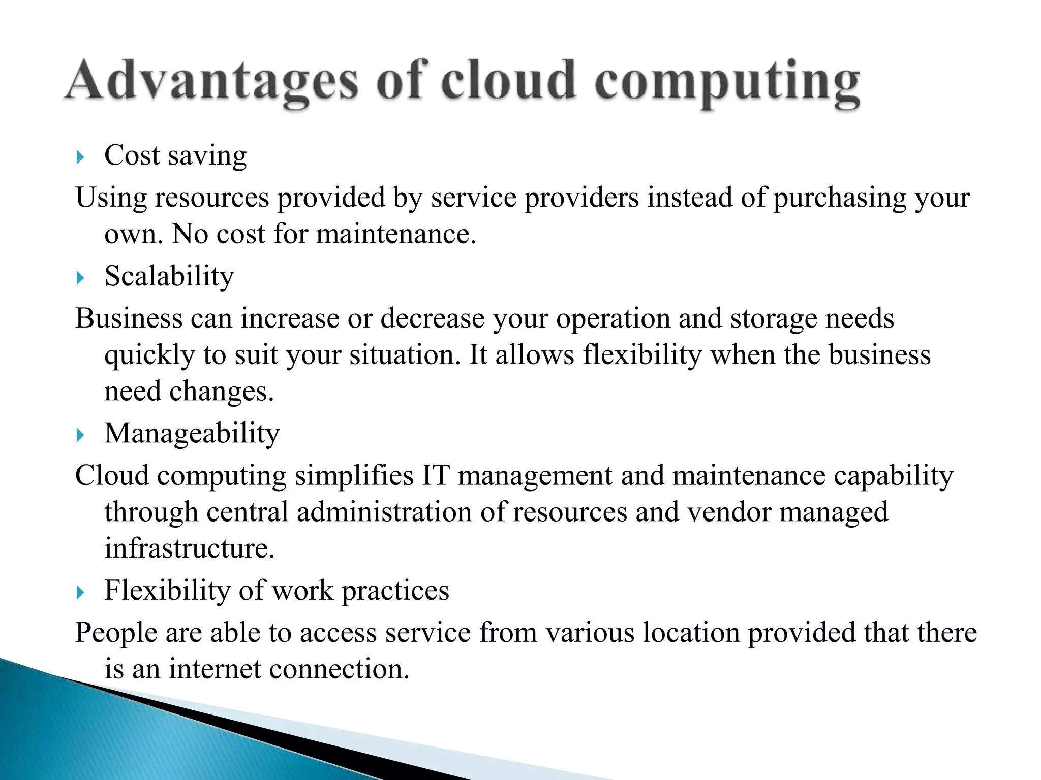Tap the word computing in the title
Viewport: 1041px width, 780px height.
(727, 84)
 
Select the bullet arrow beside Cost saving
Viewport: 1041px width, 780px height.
(80, 157)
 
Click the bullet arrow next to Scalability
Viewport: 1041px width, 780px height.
(80, 278)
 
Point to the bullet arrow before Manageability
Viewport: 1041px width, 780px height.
(80, 435)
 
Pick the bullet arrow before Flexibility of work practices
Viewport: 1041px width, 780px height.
(80, 592)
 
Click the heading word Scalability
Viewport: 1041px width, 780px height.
(169, 277)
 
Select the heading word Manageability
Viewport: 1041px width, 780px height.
(192, 434)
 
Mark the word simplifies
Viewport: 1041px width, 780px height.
(354, 476)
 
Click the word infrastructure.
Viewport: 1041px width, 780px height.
(190, 548)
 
